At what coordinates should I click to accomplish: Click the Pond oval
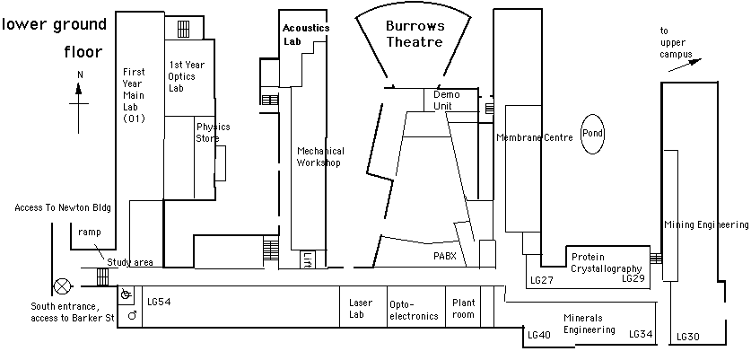coord(592,134)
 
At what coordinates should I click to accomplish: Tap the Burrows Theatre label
coord(415,34)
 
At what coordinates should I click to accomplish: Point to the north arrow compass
coord(80,101)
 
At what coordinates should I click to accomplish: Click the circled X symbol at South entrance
coord(62,287)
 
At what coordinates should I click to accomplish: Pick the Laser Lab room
coord(361,309)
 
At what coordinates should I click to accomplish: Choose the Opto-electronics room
coord(415,309)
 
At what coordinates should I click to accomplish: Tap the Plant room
coord(464,309)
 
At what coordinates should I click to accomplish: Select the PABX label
coord(444,257)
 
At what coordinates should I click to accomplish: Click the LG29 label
coord(633,279)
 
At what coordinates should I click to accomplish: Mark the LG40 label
coord(539,335)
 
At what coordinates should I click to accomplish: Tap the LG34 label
coord(641,334)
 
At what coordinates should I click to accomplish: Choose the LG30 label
coord(687,336)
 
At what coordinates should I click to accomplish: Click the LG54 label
coord(159,302)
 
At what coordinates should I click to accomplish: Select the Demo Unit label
coord(446,100)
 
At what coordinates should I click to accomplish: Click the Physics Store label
coord(213,132)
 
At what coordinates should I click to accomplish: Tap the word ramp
coord(91,232)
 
